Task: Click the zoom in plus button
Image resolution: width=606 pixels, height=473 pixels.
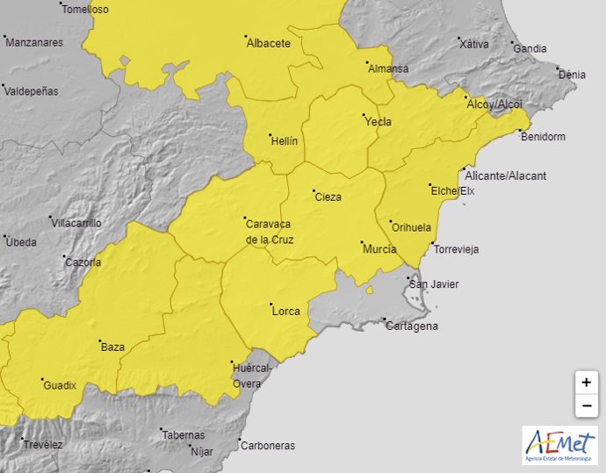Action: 586,383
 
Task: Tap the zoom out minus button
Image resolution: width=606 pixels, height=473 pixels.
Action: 586,405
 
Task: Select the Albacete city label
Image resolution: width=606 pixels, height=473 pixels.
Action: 268,43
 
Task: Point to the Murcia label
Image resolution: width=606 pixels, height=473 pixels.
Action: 379,249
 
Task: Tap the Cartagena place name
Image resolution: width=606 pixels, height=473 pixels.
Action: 411,326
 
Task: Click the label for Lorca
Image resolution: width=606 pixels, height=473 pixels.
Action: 285,312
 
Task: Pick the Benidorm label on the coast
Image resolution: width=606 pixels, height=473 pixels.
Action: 543,137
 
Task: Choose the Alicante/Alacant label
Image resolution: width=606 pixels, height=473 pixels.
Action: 505,176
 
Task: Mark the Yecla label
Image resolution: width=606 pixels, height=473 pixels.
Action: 378,122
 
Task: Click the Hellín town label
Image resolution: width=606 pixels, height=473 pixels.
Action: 285,141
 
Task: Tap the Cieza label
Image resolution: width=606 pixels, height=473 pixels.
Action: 328,197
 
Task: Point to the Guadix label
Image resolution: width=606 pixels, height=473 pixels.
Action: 60,385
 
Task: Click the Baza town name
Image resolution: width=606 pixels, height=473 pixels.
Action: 112,348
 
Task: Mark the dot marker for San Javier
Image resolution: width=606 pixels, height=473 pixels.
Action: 410,278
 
